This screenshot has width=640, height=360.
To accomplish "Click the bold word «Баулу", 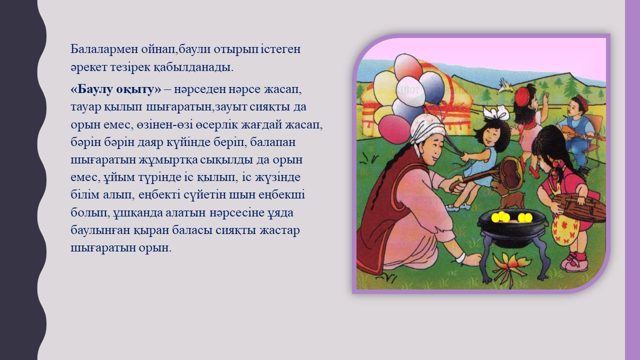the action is click(x=94, y=89).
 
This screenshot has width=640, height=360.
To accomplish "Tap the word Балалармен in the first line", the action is click(x=104, y=49).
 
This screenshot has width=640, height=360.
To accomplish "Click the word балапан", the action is click(x=273, y=142).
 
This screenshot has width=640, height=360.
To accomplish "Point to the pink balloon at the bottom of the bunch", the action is click(x=393, y=129).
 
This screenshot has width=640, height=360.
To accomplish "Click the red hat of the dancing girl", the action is click(x=521, y=96).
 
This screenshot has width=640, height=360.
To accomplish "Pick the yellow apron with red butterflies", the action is click(x=565, y=228).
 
